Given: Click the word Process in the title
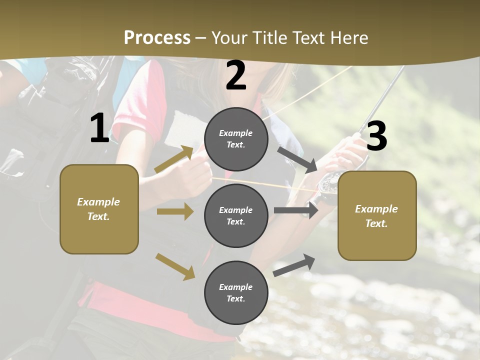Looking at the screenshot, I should pyautogui.click(x=157, y=38).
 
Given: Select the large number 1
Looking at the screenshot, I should pyautogui.click(x=99, y=128).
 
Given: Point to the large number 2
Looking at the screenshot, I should pyautogui.click(x=236, y=75).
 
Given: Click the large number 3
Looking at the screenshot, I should pyautogui.click(x=376, y=136).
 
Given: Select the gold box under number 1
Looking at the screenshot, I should pyautogui.click(x=99, y=209).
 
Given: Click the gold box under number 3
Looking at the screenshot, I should pyautogui.click(x=377, y=216).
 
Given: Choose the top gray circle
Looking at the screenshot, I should pyautogui.click(x=236, y=139).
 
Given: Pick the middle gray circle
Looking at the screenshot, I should pyautogui.click(x=236, y=215).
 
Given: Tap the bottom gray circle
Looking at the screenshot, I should pyautogui.click(x=236, y=292).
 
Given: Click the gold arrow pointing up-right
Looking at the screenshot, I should pyautogui.click(x=174, y=159).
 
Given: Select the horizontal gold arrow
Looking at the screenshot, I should pyautogui.click(x=175, y=211).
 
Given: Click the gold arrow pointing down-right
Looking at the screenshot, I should pyautogui.click(x=175, y=266).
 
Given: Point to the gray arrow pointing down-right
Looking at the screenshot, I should pyautogui.click(x=297, y=159).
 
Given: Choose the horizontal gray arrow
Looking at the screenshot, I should pyautogui.click(x=296, y=210).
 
